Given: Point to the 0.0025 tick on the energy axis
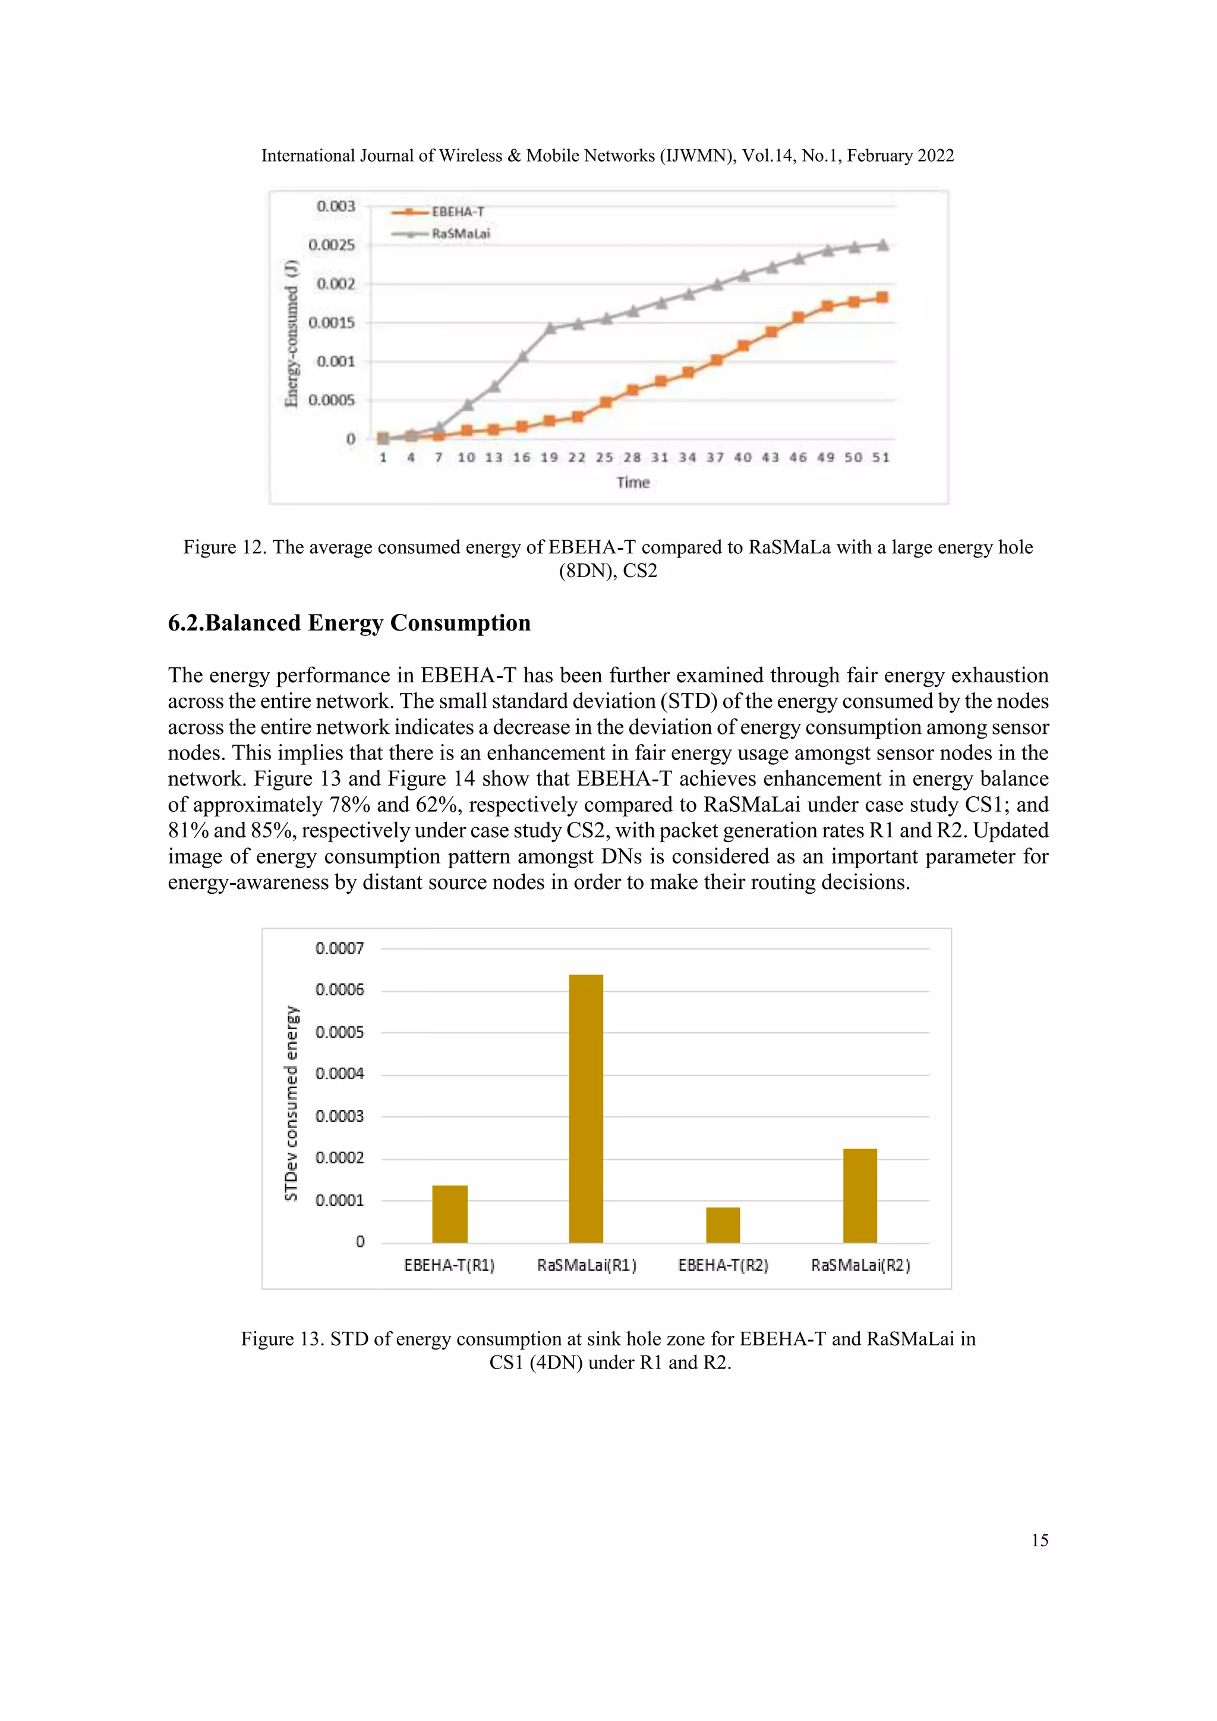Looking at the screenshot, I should (x=331, y=245).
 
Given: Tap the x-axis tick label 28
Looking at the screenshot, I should (x=632, y=457).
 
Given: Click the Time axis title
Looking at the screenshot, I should (x=632, y=483).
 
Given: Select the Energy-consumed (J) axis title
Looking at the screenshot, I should (x=292, y=333).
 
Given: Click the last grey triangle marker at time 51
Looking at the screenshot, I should (x=883, y=245).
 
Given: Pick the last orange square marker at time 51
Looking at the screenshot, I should (x=882, y=298).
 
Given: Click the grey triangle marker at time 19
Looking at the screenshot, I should (x=550, y=328).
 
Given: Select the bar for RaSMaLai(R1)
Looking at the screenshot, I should (x=586, y=1108).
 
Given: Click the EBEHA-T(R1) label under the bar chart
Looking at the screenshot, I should (x=449, y=1265).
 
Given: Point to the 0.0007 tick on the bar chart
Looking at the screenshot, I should (x=339, y=948).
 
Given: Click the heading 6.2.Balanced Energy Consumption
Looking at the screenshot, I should (x=349, y=623).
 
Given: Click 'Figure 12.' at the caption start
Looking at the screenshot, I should (x=225, y=547).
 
